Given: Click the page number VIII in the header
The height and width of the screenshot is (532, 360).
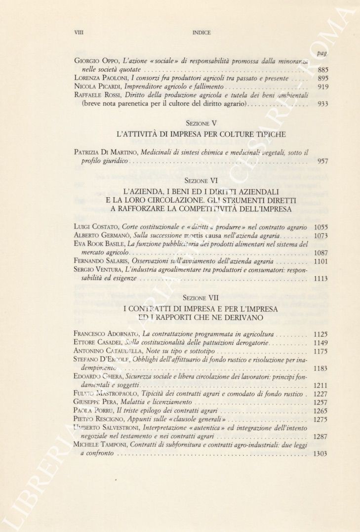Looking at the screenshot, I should tap(78, 33).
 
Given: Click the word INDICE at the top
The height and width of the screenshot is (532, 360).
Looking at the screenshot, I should tap(201, 33).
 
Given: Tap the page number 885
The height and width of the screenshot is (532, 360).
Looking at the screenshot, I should tap(323, 70).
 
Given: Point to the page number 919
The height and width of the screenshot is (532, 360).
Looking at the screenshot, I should tap(323, 86).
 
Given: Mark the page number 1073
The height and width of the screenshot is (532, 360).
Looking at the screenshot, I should tap(321, 236).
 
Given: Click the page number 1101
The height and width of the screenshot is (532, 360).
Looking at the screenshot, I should tap(321, 261).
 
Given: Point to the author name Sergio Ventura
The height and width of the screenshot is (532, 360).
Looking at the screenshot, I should tap(98, 269).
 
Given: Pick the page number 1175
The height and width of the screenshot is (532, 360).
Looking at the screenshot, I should tap(321, 351).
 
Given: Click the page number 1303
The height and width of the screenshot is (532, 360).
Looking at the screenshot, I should tap(321, 453).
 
